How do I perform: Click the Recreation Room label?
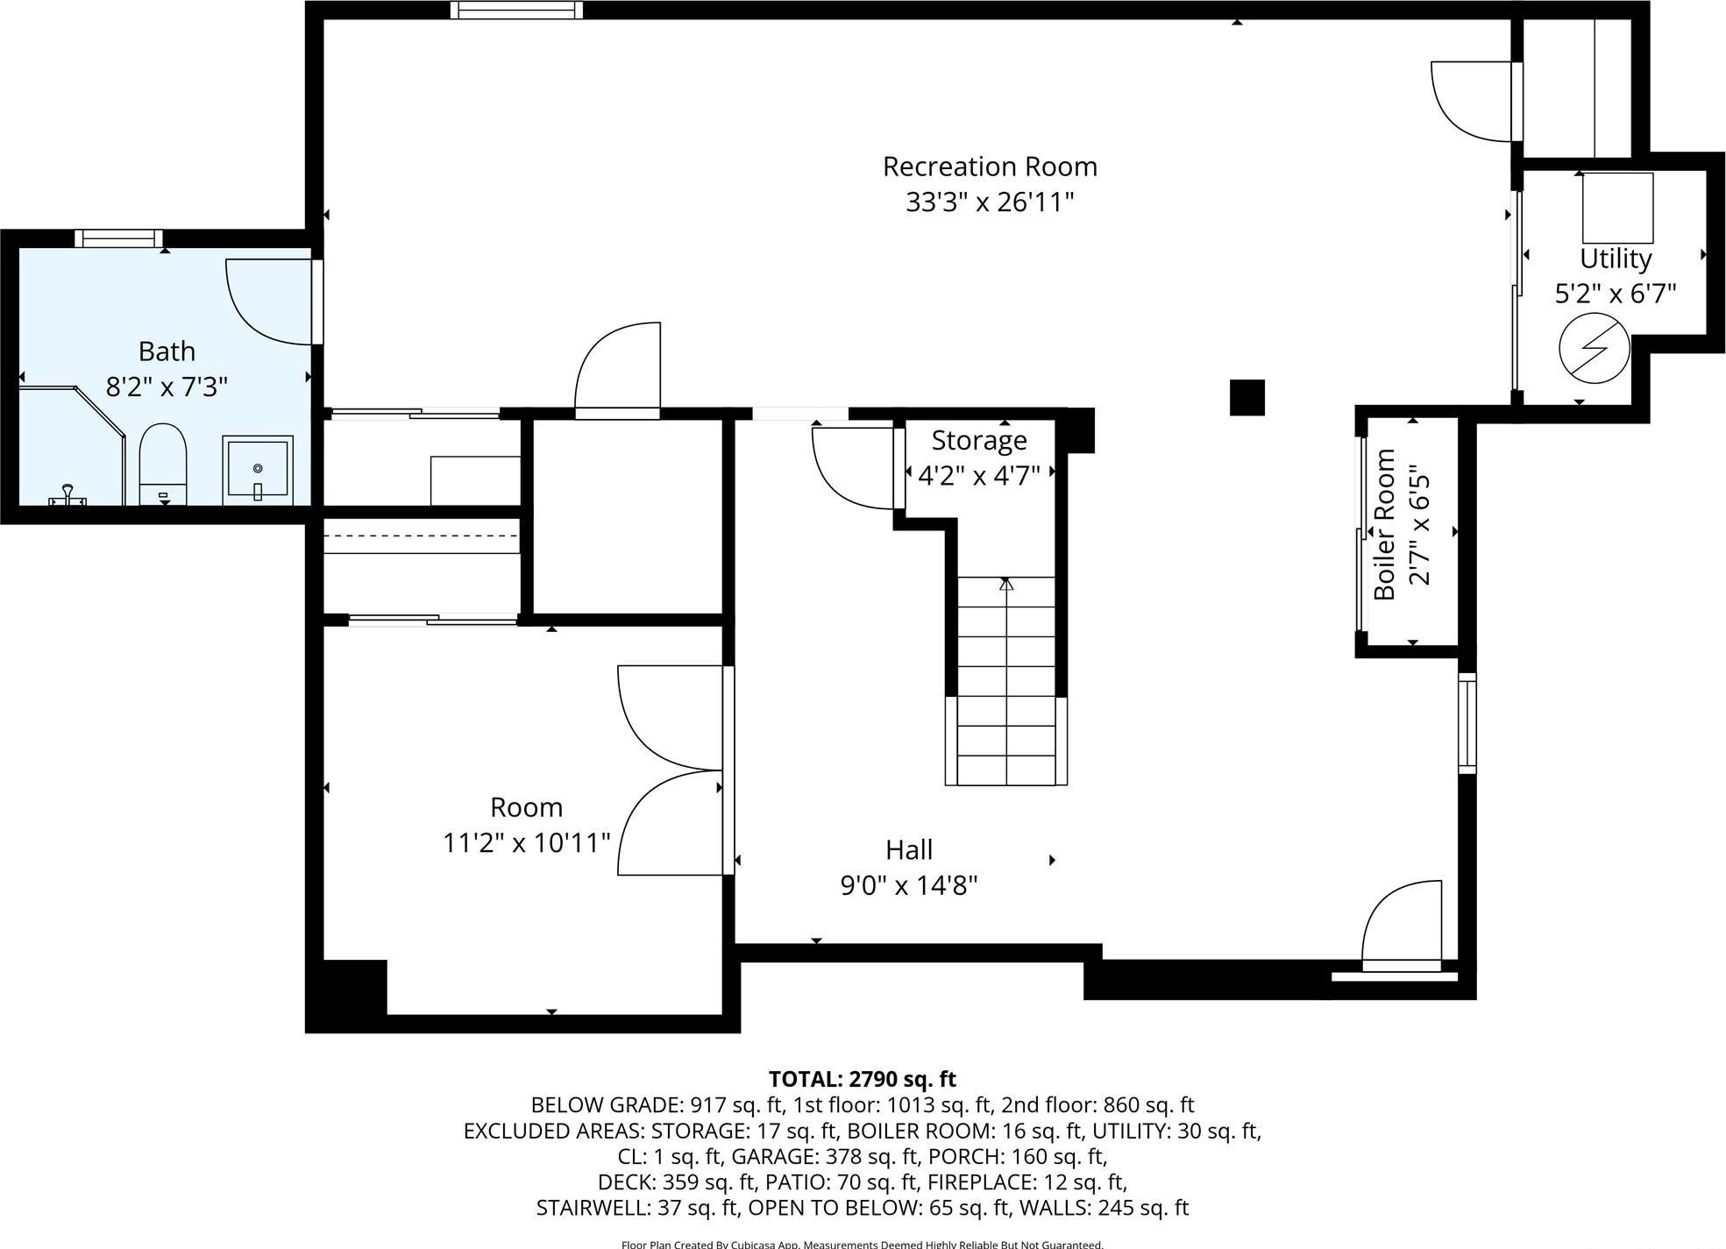point(990,167)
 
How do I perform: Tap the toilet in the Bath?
point(163,465)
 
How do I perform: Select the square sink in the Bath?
point(258,470)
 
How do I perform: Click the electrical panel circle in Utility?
point(1594,348)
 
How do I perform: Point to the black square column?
point(1247,397)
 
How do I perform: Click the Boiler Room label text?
point(1384,524)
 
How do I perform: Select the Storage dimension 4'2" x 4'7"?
point(978,475)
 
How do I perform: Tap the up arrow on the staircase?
point(1006,584)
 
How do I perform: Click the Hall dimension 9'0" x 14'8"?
point(909,885)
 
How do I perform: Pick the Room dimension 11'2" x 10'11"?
point(526,842)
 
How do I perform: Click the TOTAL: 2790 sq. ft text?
point(862,1079)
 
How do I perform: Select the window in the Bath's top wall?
point(118,238)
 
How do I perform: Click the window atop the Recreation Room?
point(517,10)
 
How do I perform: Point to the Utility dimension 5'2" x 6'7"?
point(1616,294)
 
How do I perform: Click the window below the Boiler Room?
point(1467,723)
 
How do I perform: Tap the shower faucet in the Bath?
point(67,496)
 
